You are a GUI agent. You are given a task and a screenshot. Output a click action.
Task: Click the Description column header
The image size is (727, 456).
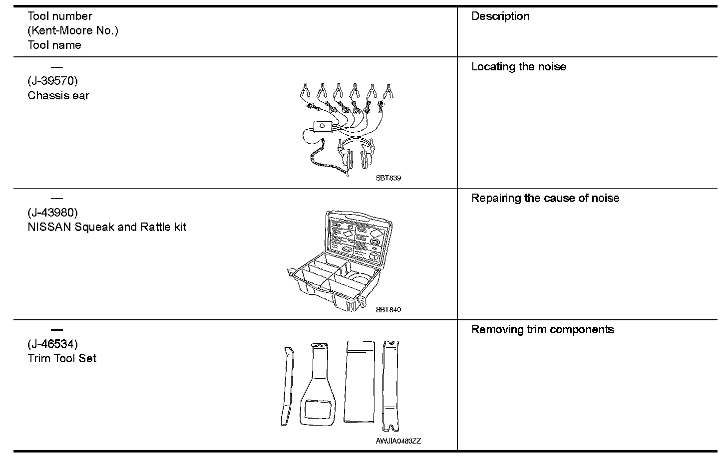click(x=500, y=16)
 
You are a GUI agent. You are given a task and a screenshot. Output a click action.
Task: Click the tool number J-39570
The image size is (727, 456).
click(x=52, y=81)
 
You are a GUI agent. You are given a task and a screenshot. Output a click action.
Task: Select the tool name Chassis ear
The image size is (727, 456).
click(x=58, y=96)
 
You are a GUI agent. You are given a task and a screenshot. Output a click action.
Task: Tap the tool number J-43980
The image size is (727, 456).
click(x=52, y=213)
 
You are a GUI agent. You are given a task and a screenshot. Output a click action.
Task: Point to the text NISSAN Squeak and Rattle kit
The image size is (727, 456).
click(x=107, y=227)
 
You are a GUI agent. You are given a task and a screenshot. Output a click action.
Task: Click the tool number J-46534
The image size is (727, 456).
click(x=52, y=344)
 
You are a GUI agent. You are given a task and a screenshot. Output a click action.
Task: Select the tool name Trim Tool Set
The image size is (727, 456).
click(x=62, y=358)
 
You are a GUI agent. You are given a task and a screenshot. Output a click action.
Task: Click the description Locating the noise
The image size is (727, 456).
click(x=518, y=67)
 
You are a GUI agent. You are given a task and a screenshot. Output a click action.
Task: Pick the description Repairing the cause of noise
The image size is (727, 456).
click(x=545, y=198)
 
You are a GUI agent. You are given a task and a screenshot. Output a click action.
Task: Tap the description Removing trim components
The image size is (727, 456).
click(x=542, y=329)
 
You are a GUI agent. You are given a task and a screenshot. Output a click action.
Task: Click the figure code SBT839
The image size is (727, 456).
click(x=388, y=178)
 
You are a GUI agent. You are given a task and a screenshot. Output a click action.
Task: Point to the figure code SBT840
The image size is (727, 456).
click(x=388, y=309)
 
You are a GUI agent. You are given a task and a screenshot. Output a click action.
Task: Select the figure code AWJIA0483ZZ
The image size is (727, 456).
click(x=398, y=441)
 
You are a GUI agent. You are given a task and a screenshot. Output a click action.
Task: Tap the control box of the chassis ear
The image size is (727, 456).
click(x=324, y=126)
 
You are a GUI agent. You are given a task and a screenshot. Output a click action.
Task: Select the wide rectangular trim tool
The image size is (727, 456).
click(x=360, y=381)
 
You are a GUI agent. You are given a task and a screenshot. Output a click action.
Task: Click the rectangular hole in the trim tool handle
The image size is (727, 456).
click(x=317, y=409)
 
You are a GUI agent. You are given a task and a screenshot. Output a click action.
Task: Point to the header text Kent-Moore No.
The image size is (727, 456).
click(x=73, y=30)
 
